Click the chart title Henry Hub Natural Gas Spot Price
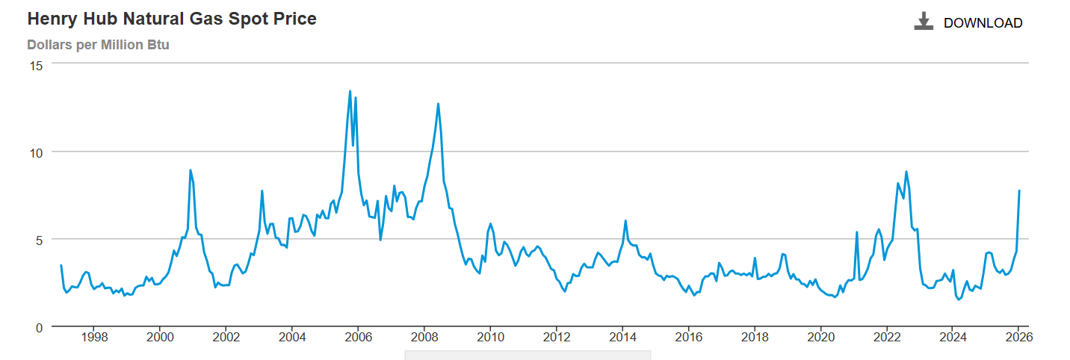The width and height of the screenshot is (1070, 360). [172, 19]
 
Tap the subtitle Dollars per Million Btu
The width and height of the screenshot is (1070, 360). [98, 45]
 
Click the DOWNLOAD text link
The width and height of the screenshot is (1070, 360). [983, 23]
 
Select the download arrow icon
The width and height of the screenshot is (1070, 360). [924, 21]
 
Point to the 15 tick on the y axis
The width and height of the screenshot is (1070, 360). [36, 65]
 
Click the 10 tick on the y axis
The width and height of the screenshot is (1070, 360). [36, 152]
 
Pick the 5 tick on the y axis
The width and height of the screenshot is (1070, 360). [39, 240]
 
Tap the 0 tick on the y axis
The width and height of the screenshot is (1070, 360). [39, 327]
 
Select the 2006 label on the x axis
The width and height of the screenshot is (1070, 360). [358, 338]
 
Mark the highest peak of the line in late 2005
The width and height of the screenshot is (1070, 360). [350, 92]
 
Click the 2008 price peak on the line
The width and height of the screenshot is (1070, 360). [438, 104]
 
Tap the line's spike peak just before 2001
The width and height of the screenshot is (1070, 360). [191, 170]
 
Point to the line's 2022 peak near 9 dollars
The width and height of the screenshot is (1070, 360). [906, 172]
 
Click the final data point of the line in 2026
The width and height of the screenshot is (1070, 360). [1019, 191]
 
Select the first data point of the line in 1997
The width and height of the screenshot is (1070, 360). [61, 266]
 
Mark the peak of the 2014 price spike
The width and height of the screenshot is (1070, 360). [625, 221]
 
